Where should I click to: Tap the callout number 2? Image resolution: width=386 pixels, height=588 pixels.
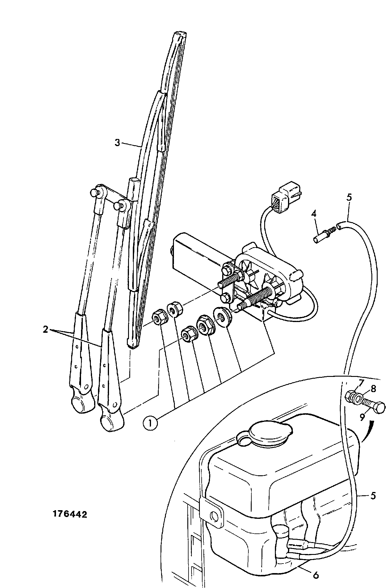pos(45,330)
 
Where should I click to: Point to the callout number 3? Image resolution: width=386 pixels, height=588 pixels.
pos(118,143)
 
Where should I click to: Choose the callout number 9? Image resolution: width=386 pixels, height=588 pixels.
pos(362,417)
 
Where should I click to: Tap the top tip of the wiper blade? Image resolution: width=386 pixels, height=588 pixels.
pos(180,32)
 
